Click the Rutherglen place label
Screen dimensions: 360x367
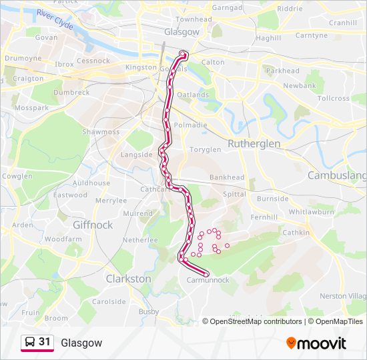click(x=254, y=143)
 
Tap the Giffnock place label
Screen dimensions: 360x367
click(x=93, y=225)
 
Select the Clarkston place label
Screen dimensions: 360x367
click(x=128, y=279)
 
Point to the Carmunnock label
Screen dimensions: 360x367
click(x=208, y=280)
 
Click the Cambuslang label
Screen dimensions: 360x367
click(x=337, y=175)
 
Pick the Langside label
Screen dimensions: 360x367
click(x=136, y=155)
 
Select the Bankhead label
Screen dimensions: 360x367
click(x=227, y=177)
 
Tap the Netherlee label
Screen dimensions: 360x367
click(x=140, y=239)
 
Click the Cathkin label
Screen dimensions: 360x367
click(x=296, y=233)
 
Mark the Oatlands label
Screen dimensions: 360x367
click(x=193, y=95)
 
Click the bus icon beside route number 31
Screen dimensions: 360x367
click(x=30, y=342)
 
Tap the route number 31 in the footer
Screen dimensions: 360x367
click(x=45, y=342)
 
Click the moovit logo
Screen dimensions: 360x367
click(x=316, y=343)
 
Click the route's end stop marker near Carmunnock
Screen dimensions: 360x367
click(x=206, y=274)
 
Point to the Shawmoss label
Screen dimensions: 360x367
click(x=101, y=132)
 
